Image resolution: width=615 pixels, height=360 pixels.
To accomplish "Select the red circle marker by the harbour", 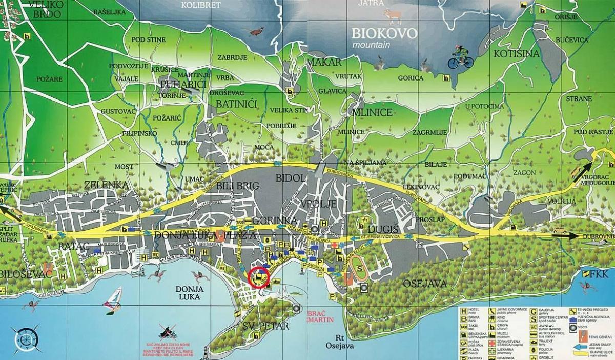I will pos(258,277).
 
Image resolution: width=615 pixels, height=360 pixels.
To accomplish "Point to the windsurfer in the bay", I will pos(112,303).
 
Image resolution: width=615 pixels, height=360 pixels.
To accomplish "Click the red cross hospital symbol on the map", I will pos(335,245).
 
